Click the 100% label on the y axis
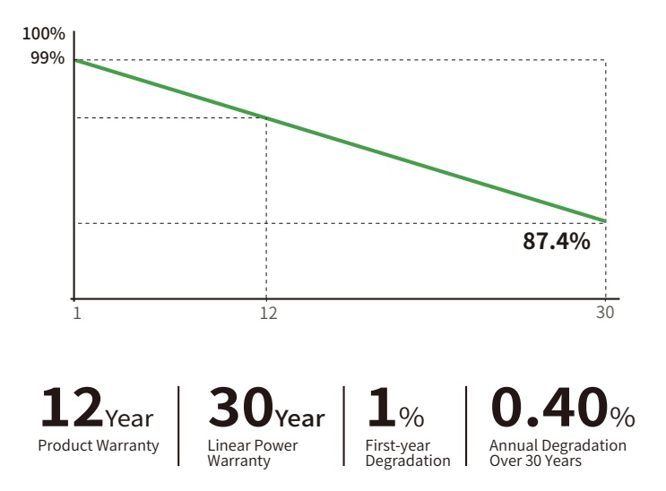44,34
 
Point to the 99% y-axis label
48,57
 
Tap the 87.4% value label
557,241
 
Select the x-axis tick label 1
77,313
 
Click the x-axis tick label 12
268,313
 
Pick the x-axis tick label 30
605,313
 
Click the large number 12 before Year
72,407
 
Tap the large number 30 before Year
240,407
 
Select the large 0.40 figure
550,407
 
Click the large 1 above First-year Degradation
382,407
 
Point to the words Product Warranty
99,446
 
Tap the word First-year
398,446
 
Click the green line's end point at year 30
605,221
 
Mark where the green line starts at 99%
75,60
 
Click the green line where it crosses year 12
267,118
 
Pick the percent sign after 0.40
623,418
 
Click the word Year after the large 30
300,418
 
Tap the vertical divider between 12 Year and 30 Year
178,426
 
